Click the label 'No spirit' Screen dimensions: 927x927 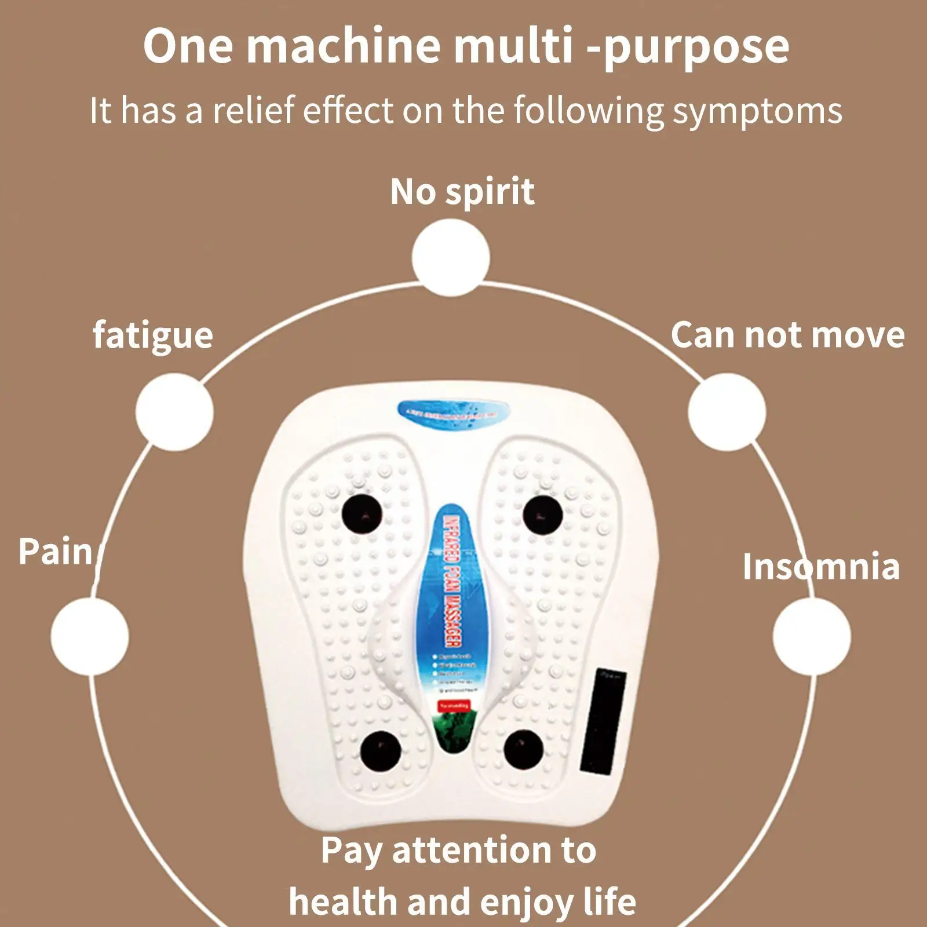[462, 192]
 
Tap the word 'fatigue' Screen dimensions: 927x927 [153, 335]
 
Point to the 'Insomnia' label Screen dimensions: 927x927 [821, 566]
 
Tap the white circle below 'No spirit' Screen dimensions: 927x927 [451, 258]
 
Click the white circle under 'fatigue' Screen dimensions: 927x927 [174, 412]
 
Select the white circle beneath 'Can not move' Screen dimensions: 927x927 [727, 412]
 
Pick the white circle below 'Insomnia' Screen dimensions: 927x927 [812, 636]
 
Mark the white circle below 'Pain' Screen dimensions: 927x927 [90, 636]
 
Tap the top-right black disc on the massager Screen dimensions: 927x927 [543, 514]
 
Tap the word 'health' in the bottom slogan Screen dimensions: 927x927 [343, 902]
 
